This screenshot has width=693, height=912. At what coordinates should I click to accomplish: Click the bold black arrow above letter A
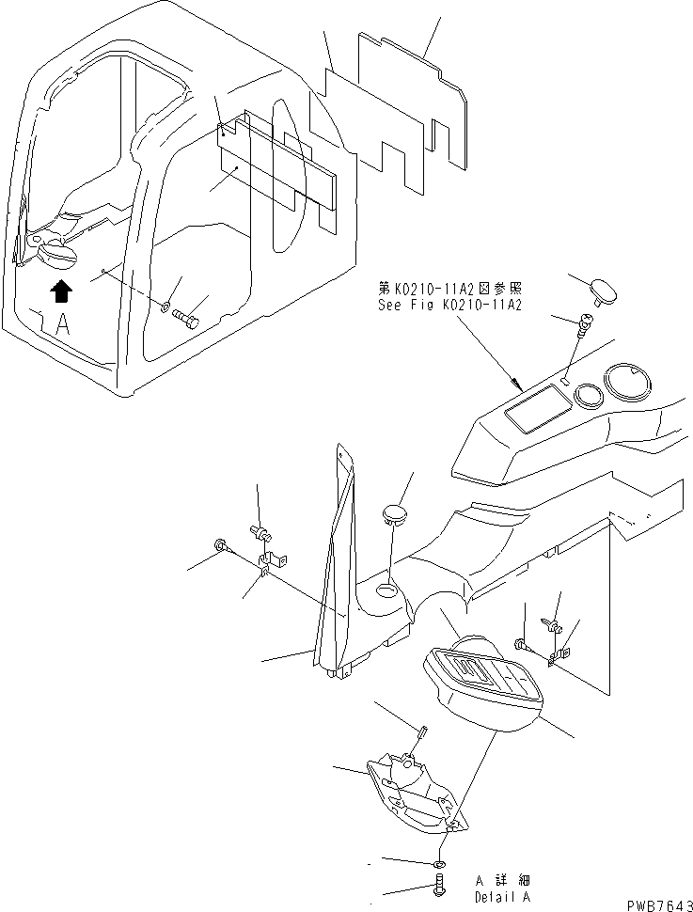click(60, 291)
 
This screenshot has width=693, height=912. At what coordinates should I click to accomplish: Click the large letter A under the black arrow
click(62, 324)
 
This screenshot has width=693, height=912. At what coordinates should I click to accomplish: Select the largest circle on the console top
click(630, 384)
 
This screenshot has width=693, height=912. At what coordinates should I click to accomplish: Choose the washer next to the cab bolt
click(165, 307)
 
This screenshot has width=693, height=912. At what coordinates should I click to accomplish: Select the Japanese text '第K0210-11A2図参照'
click(443, 290)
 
